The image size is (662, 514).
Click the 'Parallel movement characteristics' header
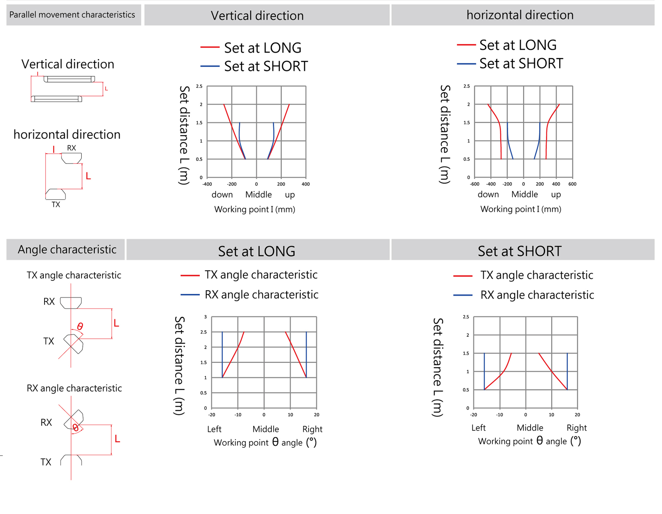click(72, 15)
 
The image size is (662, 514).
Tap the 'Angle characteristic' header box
click(67, 249)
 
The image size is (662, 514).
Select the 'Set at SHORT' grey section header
click(520, 251)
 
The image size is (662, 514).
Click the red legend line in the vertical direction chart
click(210, 47)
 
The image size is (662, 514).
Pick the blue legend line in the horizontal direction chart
click(466, 64)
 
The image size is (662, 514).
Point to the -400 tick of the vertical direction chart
click(207, 184)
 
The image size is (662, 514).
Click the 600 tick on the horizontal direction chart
click(572, 184)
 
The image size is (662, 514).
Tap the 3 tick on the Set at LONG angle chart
click(205, 317)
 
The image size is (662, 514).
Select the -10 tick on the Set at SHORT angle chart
click(500, 415)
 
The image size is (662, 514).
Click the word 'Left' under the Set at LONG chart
click(214, 429)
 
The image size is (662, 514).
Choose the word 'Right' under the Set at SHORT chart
click(576, 428)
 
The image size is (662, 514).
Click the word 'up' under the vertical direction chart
click(290, 195)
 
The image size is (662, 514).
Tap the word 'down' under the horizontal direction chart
click(488, 195)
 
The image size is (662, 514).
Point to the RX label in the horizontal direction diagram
click(71, 148)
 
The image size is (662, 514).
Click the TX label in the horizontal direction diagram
click(56, 205)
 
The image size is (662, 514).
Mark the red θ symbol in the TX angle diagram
click(80, 326)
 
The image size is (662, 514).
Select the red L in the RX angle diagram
click(117, 439)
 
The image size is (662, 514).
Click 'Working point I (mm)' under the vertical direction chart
click(254, 209)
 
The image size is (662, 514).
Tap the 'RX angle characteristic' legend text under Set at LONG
click(261, 295)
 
